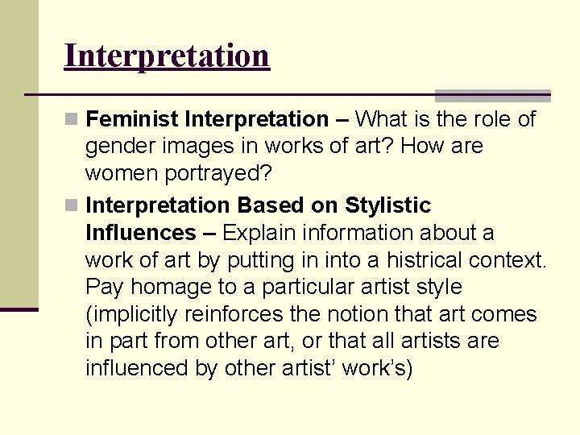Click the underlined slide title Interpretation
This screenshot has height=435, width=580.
coord(167,56)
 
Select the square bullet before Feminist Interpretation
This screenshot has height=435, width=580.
coord(72,120)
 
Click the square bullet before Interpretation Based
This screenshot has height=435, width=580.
coord(72,206)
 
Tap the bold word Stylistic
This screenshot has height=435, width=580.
coord(388,206)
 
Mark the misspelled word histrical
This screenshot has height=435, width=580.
coord(424,261)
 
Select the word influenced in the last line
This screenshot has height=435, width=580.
coord(132,369)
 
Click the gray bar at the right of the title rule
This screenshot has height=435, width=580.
coord(493,95)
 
